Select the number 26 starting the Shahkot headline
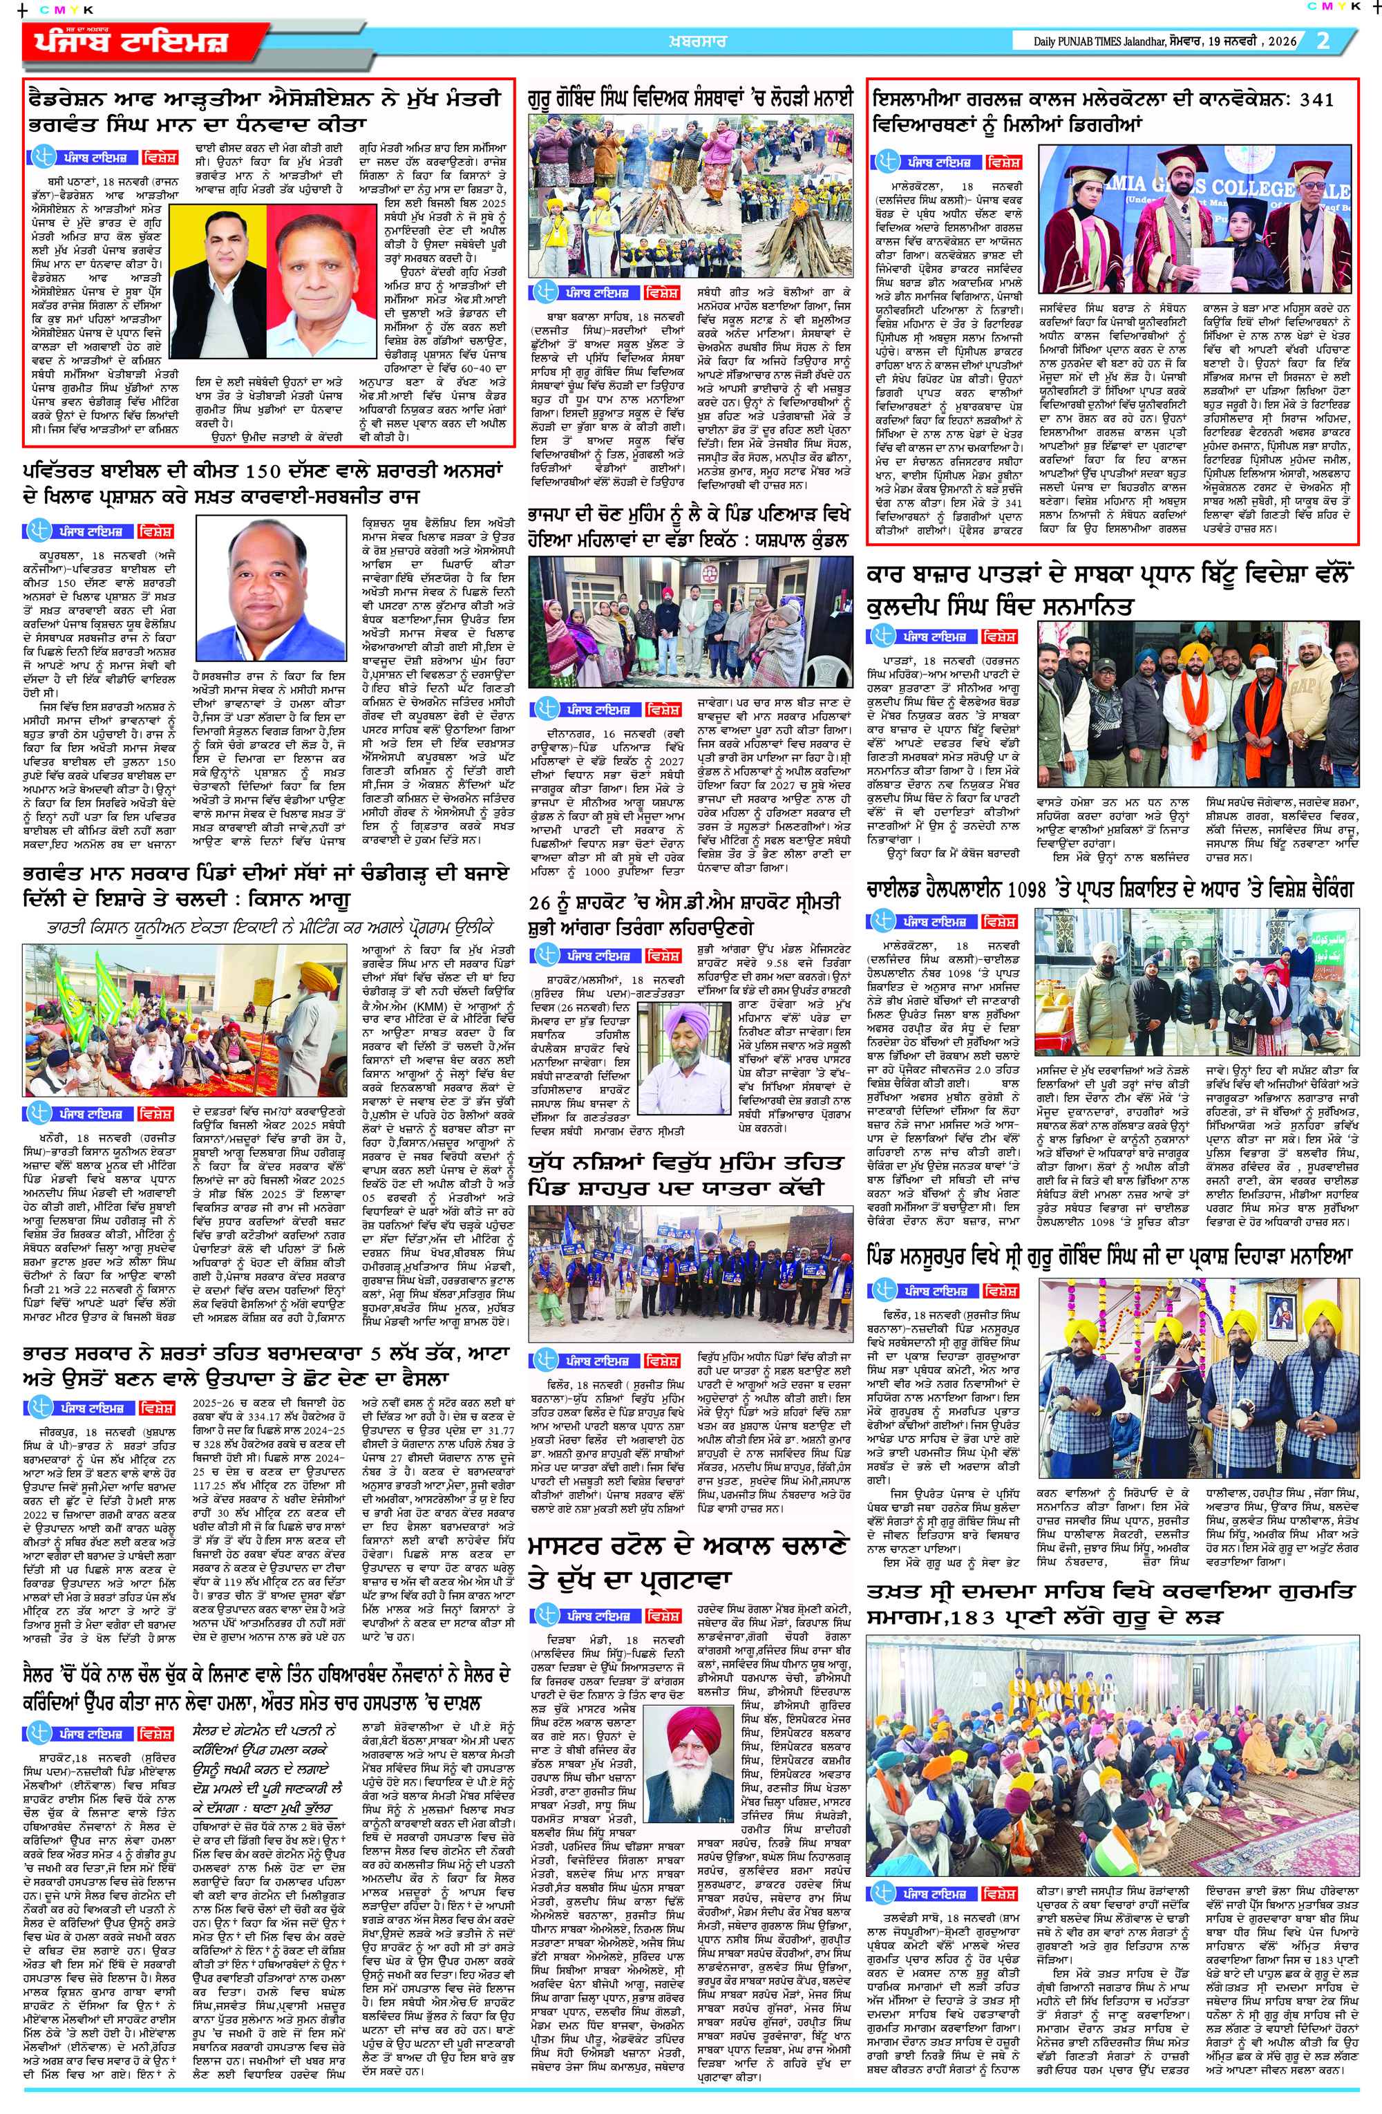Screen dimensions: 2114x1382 pos(540,903)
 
